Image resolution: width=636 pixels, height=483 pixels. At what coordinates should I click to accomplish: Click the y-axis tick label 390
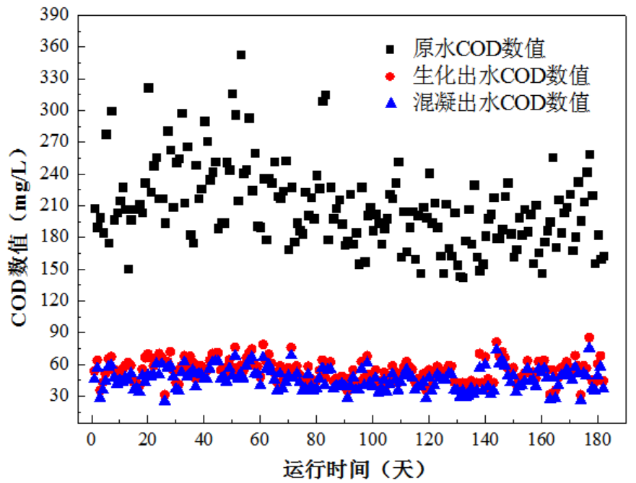point(58,14)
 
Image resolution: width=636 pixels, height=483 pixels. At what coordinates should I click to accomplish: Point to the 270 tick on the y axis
point(58,142)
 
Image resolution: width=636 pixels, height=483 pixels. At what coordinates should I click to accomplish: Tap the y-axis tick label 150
point(58,269)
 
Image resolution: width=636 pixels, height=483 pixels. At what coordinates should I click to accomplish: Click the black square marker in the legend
point(391,50)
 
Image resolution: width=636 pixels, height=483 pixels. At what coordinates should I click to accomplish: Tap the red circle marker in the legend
point(391,76)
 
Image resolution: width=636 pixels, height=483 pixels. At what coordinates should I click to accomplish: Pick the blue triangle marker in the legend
point(391,102)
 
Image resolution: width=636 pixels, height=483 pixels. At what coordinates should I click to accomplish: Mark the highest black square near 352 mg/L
point(241,55)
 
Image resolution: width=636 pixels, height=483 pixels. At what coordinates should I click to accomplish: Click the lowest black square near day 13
point(128,269)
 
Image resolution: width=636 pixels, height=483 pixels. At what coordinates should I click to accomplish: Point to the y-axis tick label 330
point(58,79)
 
